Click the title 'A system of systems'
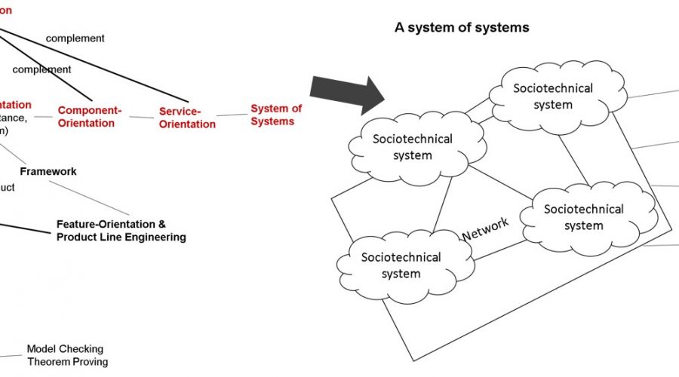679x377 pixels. pyautogui.click(x=462, y=27)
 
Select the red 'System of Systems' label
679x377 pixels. pyautogui.click(x=275, y=115)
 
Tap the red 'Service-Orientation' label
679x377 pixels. pyautogui.click(x=186, y=118)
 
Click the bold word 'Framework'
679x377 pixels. pyautogui.click(x=48, y=171)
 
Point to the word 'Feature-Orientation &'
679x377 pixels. pyautogui.click(x=110, y=225)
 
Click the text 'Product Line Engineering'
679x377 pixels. pyautogui.click(x=121, y=237)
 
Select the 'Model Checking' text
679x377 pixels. pyautogui.click(x=65, y=349)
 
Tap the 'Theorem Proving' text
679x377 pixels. pyautogui.click(x=67, y=361)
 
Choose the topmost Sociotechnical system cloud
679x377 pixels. pyautogui.click(x=553, y=96)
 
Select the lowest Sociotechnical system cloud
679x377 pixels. pyautogui.click(x=401, y=265)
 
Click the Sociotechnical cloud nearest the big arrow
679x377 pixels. pyautogui.click(x=412, y=146)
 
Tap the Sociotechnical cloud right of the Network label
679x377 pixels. pyautogui.click(x=583, y=216)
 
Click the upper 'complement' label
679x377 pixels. pyautogui.click(x=75, y=38)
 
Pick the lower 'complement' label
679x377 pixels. pyautogui.click(x=41, y=69)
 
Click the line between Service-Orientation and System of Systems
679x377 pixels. pyautogui.click(x=232, y=115)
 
